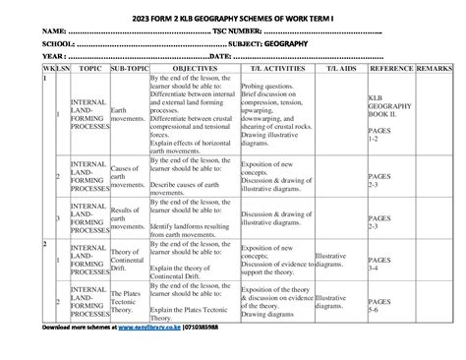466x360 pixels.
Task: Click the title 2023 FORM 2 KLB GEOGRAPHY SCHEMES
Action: point(233,17)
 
